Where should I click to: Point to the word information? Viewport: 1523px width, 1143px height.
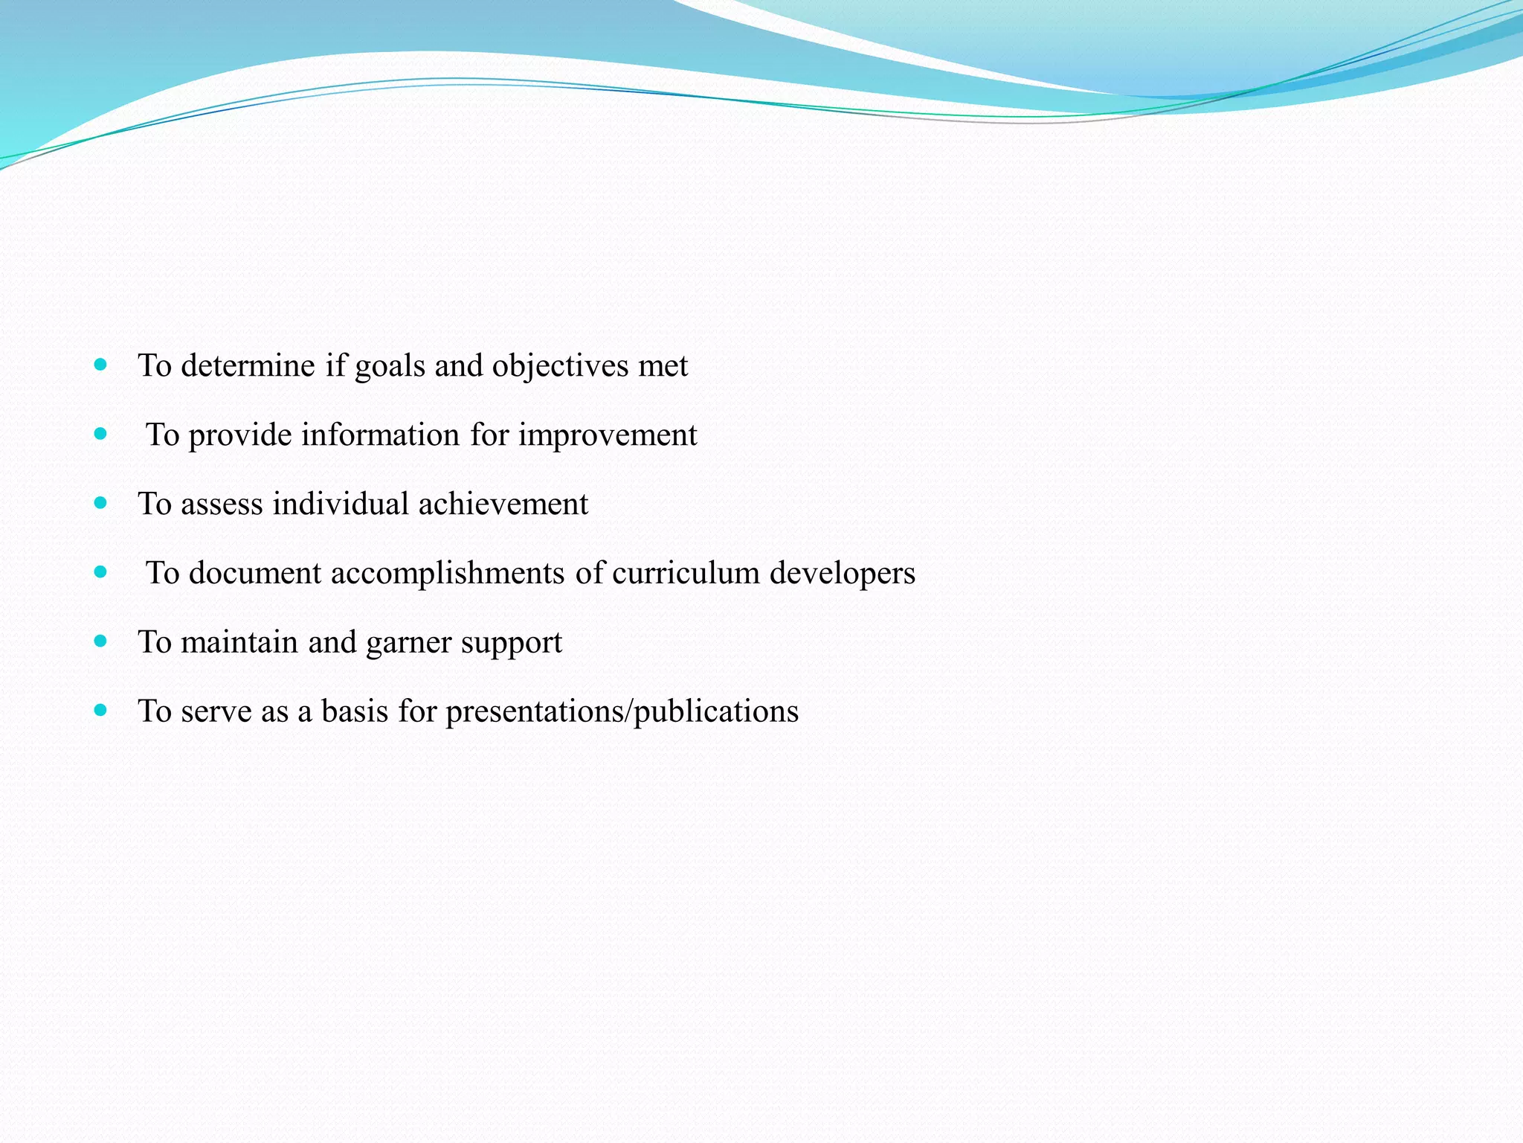click(x=380, y=435)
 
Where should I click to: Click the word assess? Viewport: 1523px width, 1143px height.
click(x=222, y=505)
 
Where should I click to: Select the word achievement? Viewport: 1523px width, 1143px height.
click(x=503, y=504)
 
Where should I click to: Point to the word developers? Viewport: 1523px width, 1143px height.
click(x=842, y=574)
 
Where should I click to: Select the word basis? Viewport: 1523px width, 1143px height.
click(x=355, y=711)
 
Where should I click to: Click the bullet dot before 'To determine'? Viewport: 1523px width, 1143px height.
click(x=101, y=365)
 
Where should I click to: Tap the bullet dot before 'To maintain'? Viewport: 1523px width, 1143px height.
click(x=101, y=641)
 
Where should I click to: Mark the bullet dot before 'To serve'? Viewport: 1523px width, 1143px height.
click(x=101, y=710)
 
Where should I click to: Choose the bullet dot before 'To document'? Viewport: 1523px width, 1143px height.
click(x=101, y=572)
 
